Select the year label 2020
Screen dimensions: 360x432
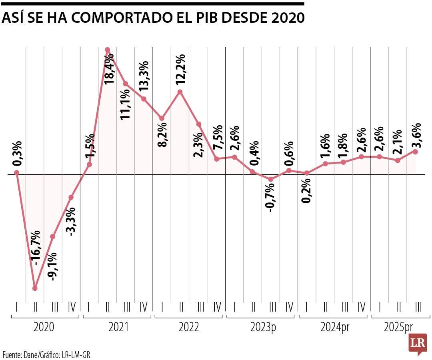pyautogui.click(x=45, y=328)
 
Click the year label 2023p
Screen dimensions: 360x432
pyautogui.click(x=263, y=328)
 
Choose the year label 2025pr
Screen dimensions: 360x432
pyautogui.click(x=398, y=328)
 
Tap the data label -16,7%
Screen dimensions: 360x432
pyautogui.click(x=36, y=248)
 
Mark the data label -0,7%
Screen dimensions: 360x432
pyautogui.click(x=270, y=196)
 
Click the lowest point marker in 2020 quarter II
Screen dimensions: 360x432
pyautogui.click(x=35, y=288)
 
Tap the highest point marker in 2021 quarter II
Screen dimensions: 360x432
pyautogui.click(x=108, y=50)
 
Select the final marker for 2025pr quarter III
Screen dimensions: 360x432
pyautogui.click(x=416, y=152)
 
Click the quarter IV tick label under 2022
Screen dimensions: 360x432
pyautogui.click(x=217, y=307)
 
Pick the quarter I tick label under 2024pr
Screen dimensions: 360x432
pyautogui.click(x=306, y=307)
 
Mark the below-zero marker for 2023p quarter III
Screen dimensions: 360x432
pyautogui.click(x=271, y=179)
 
